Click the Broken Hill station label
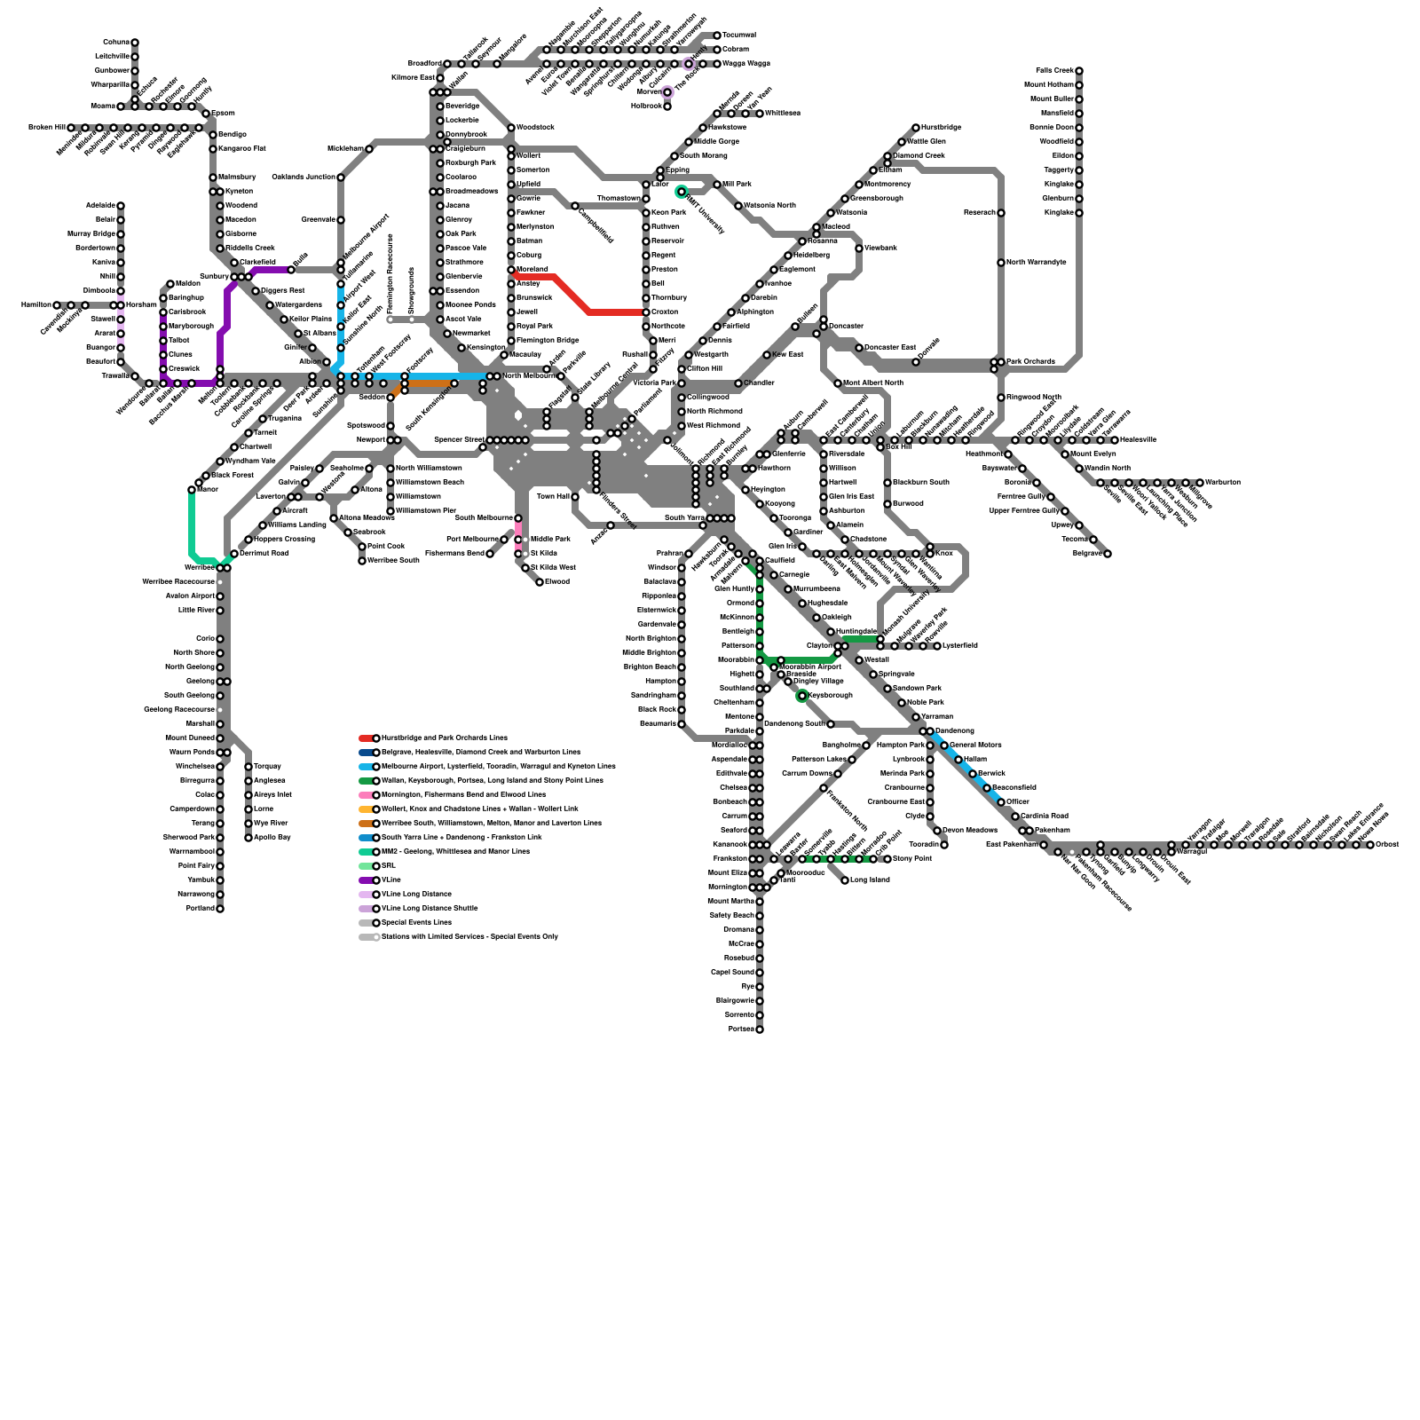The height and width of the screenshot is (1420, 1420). point(46,128)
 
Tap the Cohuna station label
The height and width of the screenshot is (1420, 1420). point(116,43)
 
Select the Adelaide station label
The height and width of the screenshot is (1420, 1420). point(101,206)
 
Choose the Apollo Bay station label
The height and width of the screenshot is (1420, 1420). point(272,838)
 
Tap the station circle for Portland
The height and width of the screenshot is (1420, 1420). point(220,909)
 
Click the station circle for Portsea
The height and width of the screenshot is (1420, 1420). point(760,1029)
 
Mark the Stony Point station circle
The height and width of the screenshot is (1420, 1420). point(887,859)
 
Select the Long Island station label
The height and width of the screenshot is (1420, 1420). point(871,880)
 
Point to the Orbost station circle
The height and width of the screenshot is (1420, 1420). point(1370,845)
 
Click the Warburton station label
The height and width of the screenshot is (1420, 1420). point(1223,483)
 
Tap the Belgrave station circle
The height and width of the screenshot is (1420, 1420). point(1108,554)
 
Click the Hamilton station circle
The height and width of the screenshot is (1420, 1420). point(57,305)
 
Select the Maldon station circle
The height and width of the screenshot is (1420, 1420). point(170,284)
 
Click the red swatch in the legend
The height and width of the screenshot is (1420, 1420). point(366,738)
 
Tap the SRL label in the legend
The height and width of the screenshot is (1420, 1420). point(387,866)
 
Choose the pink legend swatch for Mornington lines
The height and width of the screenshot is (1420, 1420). point(366,795)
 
